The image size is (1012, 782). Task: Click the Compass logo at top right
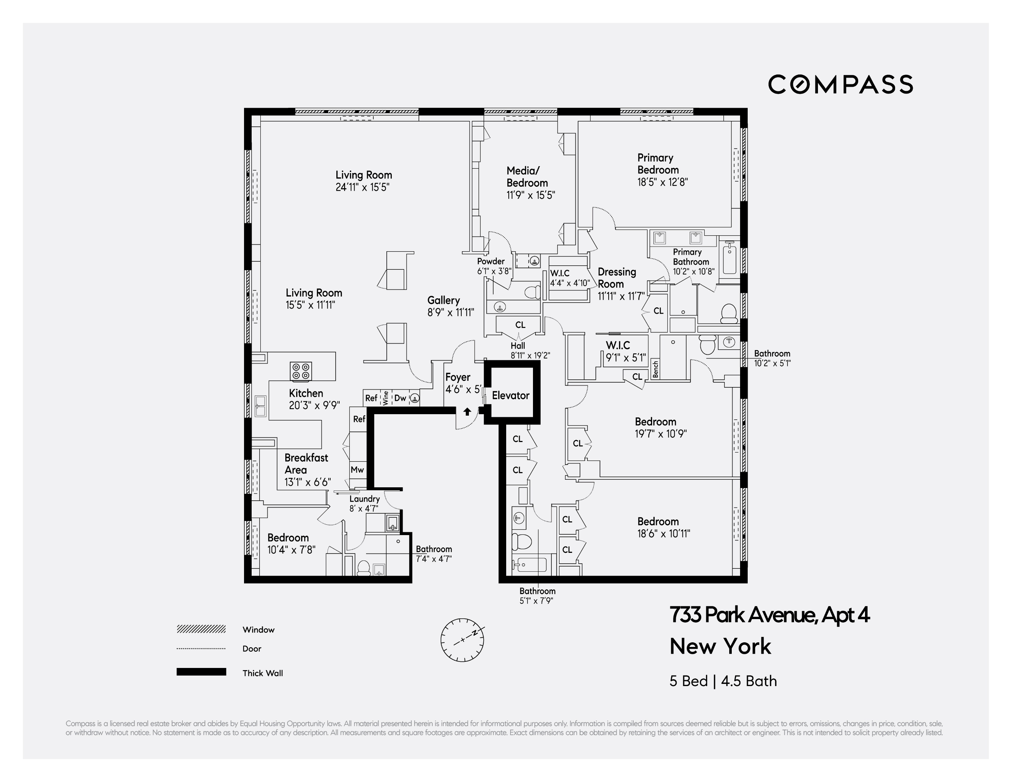(840, 84)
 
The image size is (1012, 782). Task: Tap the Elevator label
(510, 395)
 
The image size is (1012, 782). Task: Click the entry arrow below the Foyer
(467, 411)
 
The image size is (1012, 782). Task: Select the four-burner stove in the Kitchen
(301, 371)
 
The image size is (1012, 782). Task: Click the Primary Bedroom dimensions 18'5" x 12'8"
(662, 182)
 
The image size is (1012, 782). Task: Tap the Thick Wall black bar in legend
(201, 672)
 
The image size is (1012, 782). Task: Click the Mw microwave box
(357, 469)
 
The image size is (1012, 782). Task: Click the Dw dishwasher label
(400, 398)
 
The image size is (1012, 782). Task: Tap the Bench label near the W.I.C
(655, 370)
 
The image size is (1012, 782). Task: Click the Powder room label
(491, 261)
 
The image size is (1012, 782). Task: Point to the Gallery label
(444, 300)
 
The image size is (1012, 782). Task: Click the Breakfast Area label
(306, 463)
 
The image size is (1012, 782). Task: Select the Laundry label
(364, 499)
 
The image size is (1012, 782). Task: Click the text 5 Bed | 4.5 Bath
(723, 681)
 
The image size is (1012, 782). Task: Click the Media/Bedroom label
(527, 177)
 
